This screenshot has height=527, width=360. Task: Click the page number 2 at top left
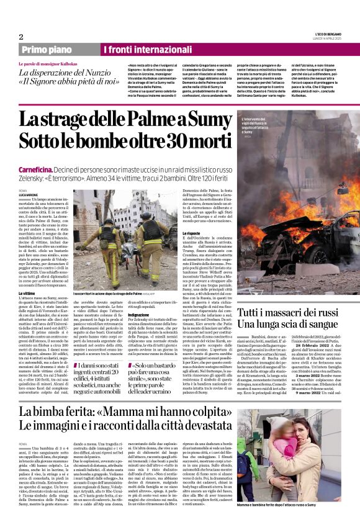click(20, 37)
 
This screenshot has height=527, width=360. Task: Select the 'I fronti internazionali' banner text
click(143, 50)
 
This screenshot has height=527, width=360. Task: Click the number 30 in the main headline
click(164, 140)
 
